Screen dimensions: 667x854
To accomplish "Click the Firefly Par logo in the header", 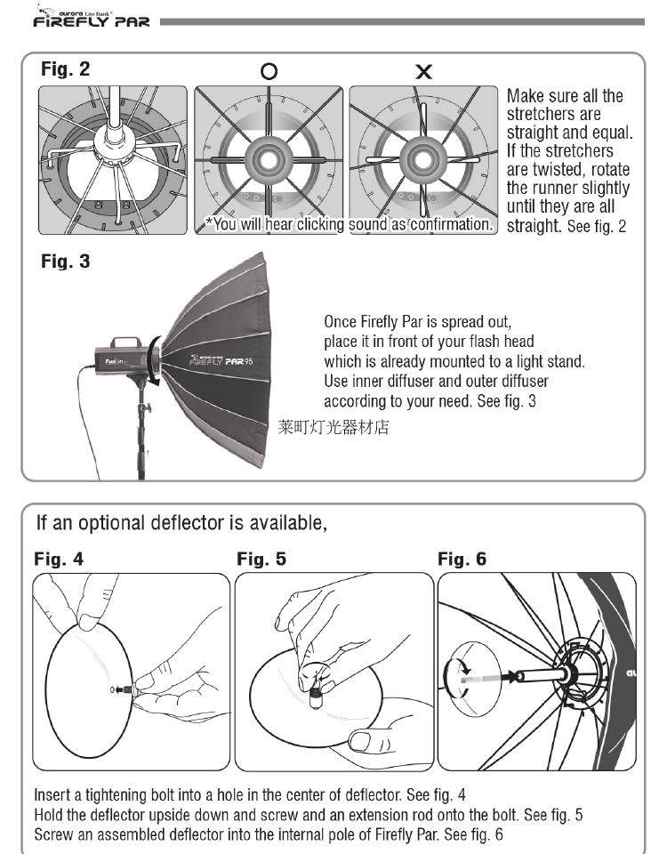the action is pos(92,17).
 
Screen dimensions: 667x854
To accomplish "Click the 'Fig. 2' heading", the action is pos(65,69).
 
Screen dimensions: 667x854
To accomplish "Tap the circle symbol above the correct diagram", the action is pos(269,71).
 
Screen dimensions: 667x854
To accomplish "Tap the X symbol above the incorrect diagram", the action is pos(423,71).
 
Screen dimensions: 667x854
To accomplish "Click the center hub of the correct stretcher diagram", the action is pos(269,160).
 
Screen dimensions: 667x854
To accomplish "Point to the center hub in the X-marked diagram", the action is pos(423,160).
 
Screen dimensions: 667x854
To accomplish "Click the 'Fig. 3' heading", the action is pos(65,262).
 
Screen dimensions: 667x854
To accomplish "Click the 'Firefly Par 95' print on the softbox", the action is pos(221,360).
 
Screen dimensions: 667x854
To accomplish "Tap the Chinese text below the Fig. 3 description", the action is pos(333,427).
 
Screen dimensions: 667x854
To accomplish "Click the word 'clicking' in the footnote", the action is pos(320,224).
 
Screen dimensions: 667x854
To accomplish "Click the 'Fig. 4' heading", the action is pos(59,559).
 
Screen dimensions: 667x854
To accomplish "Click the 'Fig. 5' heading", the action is pos(261,559).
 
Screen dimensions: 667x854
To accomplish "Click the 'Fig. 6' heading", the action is pos(462,559).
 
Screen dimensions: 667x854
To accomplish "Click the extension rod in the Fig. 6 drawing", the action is pos(542,676).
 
